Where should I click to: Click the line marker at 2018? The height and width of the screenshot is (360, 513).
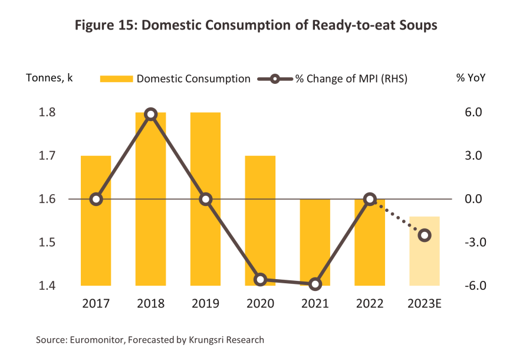point(150,114)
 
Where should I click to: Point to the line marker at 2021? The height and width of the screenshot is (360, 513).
point(315,284)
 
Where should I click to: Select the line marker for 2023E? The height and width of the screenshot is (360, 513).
point(424,235)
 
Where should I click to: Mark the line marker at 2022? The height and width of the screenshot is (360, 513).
point(370,199)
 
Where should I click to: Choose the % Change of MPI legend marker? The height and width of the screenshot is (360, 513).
point(275,78)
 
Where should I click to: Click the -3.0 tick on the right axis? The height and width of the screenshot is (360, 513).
point(473,243)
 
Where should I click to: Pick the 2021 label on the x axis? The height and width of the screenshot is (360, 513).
point(315,304)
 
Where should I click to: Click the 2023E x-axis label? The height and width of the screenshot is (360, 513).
point(425,304)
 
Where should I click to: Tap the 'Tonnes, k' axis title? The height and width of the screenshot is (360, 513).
point(49,78)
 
